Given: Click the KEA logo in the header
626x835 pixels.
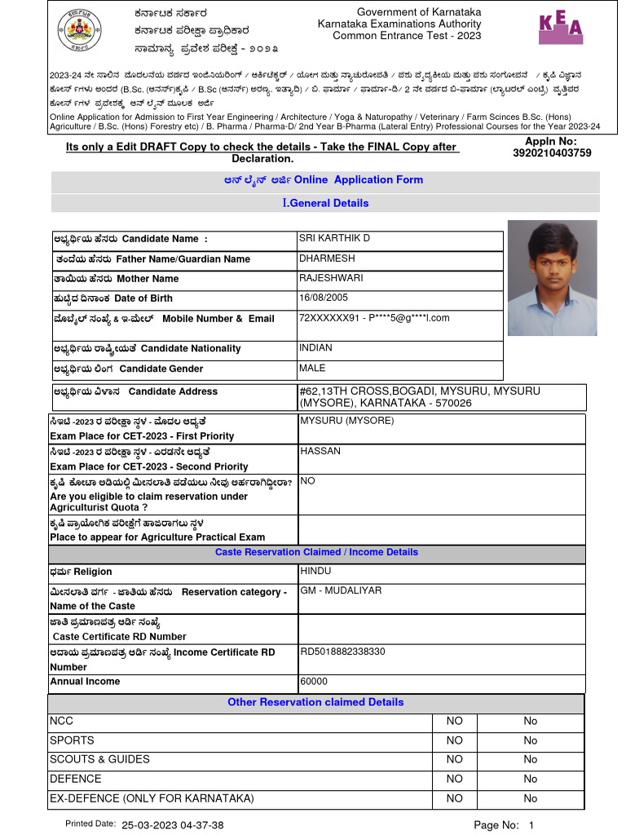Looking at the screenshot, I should point(562,27).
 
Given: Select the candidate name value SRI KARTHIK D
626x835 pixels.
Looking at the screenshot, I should point(334,238).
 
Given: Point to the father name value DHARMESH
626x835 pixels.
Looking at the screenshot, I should point(327,258).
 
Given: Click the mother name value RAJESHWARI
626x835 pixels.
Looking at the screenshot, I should point(330,278).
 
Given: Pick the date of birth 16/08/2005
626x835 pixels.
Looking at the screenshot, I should point(324,298).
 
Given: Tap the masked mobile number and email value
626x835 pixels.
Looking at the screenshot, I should point(374,317).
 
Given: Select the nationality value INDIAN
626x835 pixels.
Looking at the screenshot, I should point(315,347).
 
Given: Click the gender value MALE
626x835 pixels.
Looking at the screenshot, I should point(312,368).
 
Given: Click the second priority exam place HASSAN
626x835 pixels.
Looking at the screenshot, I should point(320,451).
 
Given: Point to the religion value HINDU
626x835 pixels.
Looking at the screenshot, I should point(315,571).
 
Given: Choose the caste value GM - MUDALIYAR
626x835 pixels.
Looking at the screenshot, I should point(341,590).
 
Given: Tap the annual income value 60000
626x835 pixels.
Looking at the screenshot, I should point(314,681).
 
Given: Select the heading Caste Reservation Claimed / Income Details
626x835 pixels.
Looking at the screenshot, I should point(316,552).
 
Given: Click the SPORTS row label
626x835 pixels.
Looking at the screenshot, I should point(72,740).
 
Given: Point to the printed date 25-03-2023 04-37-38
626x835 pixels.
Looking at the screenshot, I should point(173,825).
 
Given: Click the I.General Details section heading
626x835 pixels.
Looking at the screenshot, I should point(325,203).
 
